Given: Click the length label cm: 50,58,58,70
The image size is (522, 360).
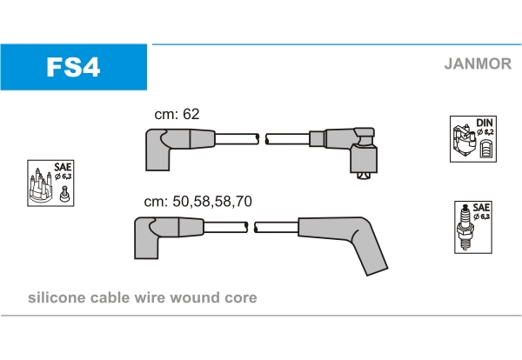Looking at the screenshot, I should pos(197,201).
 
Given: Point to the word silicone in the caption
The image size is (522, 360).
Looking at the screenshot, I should pos(57,297).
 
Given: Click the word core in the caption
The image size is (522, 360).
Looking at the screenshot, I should pos(240,297).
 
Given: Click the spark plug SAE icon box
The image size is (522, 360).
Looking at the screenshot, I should pos(471,227).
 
